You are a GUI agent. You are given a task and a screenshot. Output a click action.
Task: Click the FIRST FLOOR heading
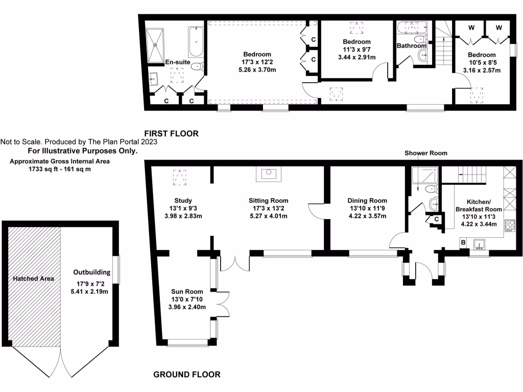click(171, 134)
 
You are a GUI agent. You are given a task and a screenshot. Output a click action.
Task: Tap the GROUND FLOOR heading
click(187, 375)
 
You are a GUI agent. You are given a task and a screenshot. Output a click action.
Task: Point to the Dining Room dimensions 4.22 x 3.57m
click(367, 216)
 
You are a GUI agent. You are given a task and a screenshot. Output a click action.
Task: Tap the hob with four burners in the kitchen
click(509, 225)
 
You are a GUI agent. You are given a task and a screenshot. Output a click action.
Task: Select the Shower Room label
click(426, 153)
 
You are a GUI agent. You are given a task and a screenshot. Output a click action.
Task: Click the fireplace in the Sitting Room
click(268, 174)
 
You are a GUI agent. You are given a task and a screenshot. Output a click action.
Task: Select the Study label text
click(182, 201)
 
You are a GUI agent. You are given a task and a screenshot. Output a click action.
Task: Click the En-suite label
click(178, 62)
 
